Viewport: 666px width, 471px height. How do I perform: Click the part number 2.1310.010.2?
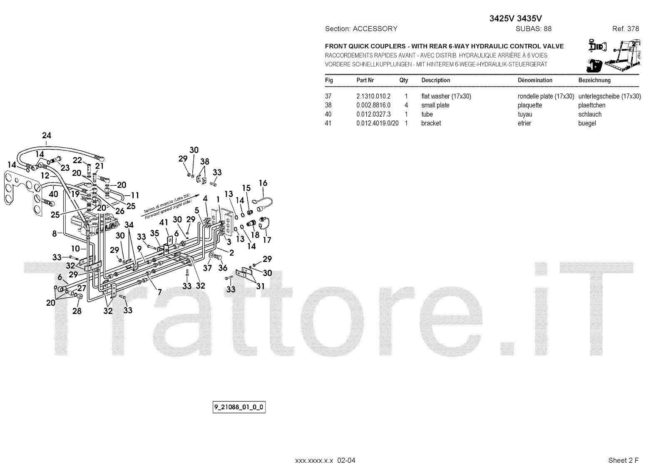[x=373, y=96]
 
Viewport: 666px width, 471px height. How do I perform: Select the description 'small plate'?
[x=435, y=105]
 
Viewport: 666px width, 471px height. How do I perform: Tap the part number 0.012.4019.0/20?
[x=377, y=123]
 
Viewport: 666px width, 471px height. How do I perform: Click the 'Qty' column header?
[x=403, y=80]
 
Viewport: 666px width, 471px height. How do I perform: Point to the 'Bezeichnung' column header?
[x=594, y=80]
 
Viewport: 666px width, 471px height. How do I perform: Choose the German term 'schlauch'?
[x=589, y=115]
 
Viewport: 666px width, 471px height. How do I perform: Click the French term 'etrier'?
[x=524, y=123]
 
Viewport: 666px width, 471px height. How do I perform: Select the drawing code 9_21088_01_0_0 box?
[x=239, y=407]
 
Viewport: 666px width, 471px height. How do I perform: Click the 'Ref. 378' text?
[x=625, y=29]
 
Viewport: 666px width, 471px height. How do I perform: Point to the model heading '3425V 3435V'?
[x=515, y=18]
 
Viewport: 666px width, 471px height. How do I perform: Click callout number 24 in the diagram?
[x=47, y=135]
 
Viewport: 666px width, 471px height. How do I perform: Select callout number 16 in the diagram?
[x=263, y=183]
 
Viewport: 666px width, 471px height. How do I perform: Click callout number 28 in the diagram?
[x=77, y=311]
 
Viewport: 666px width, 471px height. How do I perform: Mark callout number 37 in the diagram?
[x=207, y=268]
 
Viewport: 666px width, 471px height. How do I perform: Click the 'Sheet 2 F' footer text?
[x=623, y=460]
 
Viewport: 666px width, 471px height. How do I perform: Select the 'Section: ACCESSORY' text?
[x=361, y=29]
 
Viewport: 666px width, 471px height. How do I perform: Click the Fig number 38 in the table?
[x=328, y=105]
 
